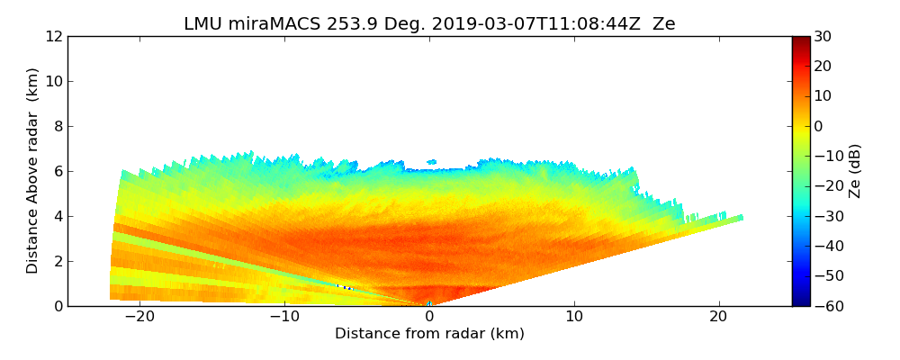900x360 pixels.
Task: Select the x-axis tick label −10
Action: [x=283, y=317]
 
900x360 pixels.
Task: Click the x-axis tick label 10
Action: [x=574, y=317]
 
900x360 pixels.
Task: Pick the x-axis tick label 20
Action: [x=718, y=317]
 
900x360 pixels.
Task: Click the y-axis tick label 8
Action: [x=57, y=127]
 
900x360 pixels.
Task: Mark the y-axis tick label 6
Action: [x=57, y=172]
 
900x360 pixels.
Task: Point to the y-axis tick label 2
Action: [x=57, y=262]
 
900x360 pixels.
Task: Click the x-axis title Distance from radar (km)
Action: [x=429, y=334]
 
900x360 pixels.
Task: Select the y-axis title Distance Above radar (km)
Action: [x=33, y=171]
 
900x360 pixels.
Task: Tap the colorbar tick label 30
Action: [x=823, y=37]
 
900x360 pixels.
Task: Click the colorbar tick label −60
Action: [x=827, y=306]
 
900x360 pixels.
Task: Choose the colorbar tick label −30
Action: [x=827, y=216]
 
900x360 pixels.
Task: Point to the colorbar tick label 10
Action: [x=823, y=96]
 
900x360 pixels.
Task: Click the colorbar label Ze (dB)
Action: [x=854, y=171]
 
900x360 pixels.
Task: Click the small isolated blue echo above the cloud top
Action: [x=432, y=162]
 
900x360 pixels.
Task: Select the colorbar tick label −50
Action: [x=827, y=276]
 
